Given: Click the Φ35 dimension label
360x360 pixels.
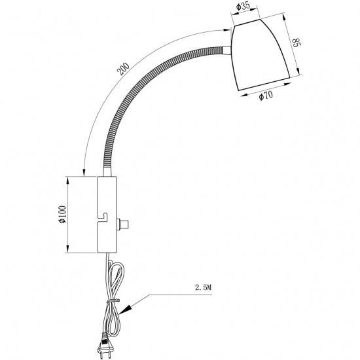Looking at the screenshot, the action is [243, 7].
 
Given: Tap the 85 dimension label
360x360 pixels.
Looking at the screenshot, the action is [296, 43].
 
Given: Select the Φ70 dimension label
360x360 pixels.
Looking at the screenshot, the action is [266, 96].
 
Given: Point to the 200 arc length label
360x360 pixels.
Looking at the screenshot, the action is [123, 69].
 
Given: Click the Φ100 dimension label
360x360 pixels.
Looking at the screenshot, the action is [62, 214].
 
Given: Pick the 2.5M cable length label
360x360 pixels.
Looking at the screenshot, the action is [203, 287].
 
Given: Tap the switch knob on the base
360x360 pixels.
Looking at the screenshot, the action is [123, 225].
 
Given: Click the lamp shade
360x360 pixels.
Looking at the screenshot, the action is [260, 54].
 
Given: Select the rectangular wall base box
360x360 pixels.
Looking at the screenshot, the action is [107, 215].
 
